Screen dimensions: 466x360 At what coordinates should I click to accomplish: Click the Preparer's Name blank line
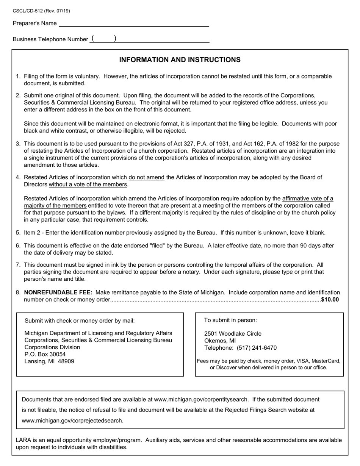[x=134, y=23]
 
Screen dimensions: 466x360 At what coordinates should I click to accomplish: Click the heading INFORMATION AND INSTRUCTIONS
[x=180, y=60]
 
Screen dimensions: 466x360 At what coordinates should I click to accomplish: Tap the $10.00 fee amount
[x=330, y=300]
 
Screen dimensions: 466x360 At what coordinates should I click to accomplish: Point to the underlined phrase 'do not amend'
[x=146, y=177]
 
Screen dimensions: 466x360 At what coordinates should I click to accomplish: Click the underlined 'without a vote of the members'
[x=88, y=185]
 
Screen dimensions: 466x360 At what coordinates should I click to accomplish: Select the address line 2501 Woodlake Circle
[x=233, y=334]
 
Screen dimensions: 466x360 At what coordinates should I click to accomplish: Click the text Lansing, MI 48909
[x=49, y=361]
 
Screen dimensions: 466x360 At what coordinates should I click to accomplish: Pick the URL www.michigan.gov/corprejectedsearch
[x=72, y=421]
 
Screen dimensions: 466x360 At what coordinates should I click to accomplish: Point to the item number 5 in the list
[x=18, y=233]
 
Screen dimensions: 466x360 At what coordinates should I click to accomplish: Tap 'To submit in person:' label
[x=230, y=320]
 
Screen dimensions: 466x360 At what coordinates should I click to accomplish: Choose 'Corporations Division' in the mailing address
[x=52, y=347]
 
